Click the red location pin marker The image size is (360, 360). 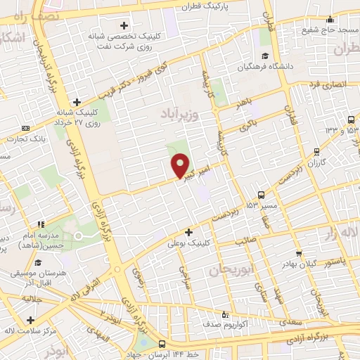click(x=181, y=166)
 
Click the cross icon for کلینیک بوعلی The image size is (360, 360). click(x=188, y=232)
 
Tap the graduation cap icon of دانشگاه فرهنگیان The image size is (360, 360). click(x=265, y=56)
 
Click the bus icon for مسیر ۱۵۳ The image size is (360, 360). click(x=262, y=195)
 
